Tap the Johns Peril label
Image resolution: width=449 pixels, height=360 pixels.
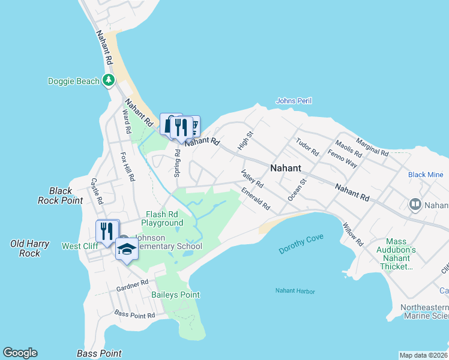[x=294, y=101]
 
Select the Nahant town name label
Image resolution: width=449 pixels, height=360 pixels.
[x=285, y=169]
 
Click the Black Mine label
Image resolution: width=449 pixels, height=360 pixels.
[x=426, y=175]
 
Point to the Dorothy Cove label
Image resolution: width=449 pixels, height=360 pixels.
[x=301, y=244]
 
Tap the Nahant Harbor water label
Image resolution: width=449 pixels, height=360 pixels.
[x=295, y=292]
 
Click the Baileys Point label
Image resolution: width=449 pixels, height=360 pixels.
[x=175, y=295]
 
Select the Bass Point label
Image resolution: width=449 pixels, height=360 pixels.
[x=100, y=353]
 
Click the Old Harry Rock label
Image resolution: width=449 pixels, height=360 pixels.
[x=25, y=248]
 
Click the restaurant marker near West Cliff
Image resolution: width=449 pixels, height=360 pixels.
[x=107, y=231]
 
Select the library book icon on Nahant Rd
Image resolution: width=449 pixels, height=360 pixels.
[x=414, y=205]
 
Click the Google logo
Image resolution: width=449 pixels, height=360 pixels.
[x=20, y=353]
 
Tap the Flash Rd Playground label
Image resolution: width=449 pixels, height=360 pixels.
[x=162, y=218]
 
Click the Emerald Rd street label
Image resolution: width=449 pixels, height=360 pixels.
[x=256, y=200]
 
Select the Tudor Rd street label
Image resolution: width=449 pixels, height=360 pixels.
[x=306, y=148]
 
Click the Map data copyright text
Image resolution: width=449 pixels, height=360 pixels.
[x=424, y=355]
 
